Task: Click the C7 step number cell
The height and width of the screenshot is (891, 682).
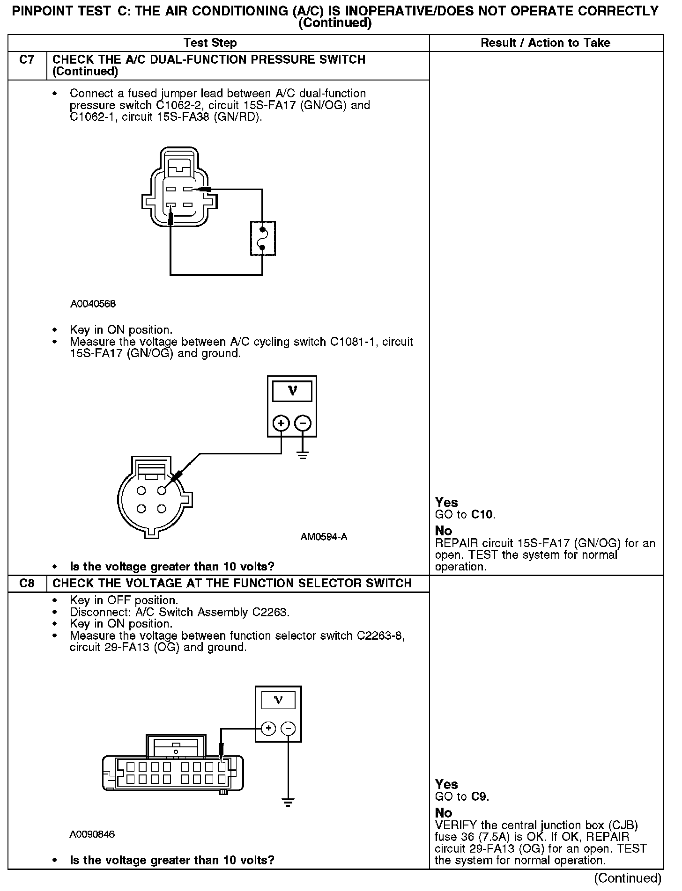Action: [x=27, y=60]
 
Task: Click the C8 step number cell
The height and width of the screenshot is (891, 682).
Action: [x=27, y=584]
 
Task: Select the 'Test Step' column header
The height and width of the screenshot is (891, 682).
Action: [x=210, y=43]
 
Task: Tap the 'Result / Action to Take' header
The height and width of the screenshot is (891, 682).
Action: [x=545, y=43]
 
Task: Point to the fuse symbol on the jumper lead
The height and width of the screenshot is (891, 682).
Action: [x=263, y=239]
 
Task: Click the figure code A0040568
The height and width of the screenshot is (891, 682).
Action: [x=93, y=304]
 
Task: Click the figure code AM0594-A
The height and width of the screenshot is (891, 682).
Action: [x=324, y=537]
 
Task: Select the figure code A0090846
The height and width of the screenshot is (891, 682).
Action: [x=92, y=834]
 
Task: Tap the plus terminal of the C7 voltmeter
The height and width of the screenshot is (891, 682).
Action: [x=281, y=424]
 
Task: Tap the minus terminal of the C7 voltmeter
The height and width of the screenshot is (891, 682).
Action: [x=303, y=424]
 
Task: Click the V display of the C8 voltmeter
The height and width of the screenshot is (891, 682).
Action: [x=278, y=701]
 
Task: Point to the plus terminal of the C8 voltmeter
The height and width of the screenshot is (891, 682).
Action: [x=268, y=728]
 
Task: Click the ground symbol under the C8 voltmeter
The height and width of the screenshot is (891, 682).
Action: [x=288, y=803]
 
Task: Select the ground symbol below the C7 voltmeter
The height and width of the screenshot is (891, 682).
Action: [x=303, y=455]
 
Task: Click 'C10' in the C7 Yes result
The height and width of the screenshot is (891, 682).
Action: [x=482, y=515]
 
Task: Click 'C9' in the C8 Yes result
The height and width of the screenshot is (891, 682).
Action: [x=480, y=797]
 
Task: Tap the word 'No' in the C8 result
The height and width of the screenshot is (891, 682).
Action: [x=443, y=812]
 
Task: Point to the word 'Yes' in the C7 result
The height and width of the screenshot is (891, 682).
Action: [x=446, y=502]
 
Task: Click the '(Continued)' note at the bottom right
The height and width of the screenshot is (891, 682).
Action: [x=628, y=878]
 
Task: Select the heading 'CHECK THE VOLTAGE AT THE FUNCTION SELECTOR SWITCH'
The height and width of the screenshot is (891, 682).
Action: [x=232, y=584]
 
